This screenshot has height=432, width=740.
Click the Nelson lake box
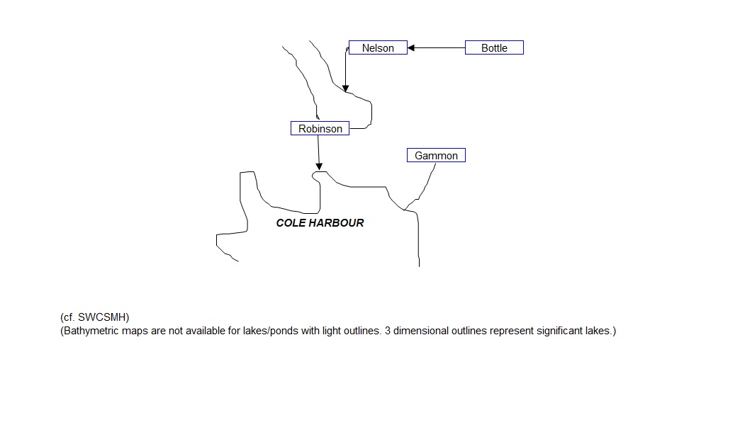pyautogui.click(x=378, y=48)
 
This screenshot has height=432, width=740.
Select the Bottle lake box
pyautogui.click(x=494, y=48)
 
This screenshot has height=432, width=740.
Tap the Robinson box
pyautogui.click(x=320, y=129)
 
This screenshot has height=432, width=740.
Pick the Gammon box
pyautogui.click(x=436, y=156)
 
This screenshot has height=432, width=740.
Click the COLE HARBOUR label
pyautogui.click(x=320, y=223)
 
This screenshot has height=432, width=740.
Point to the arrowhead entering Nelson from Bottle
pyautogui.click(x=412, y=48)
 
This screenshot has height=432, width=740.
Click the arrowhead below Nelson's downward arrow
pyautogui.click(x=345, y=89)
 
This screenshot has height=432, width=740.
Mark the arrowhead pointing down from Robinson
pyautogui.click(x=319, y=166)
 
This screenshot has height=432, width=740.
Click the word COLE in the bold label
pyautogui.click(x=291, y=223)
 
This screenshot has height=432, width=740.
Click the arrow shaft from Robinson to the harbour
pyautogui.click(x=318, y=149)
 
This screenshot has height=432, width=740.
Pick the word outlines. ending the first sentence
pyautogui.click(x=361, y=331)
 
